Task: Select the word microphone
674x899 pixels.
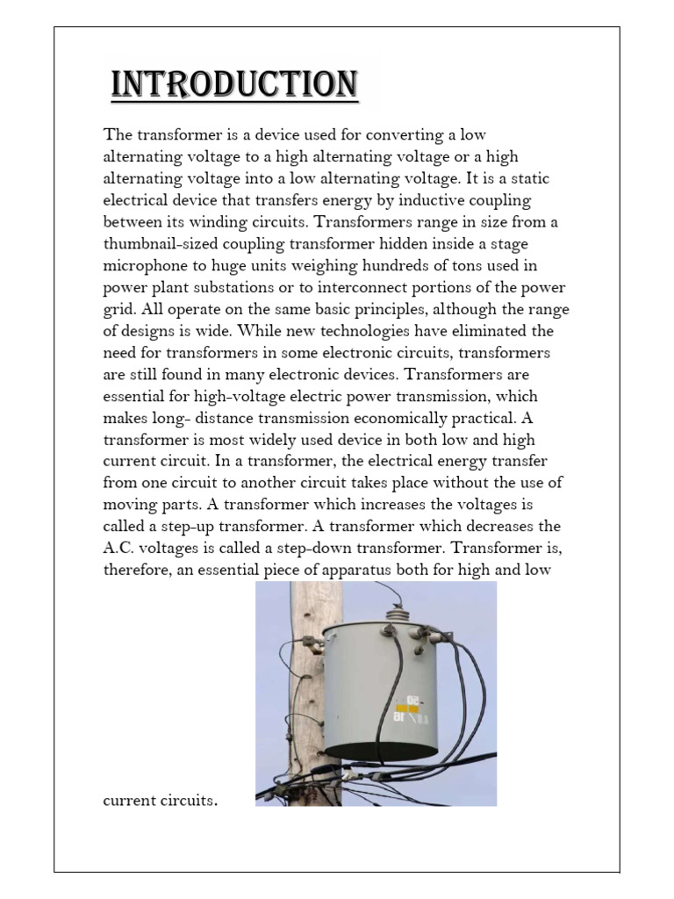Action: pos(147,266)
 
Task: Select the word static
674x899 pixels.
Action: pos(527,178)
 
